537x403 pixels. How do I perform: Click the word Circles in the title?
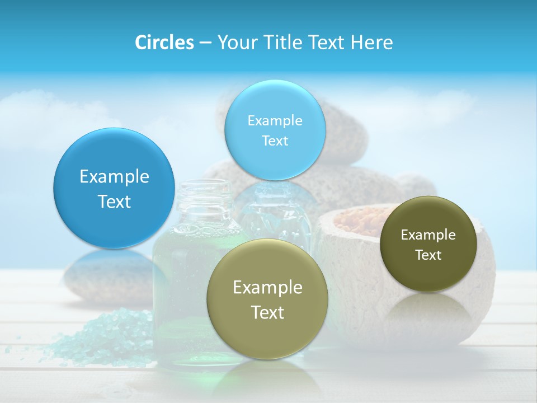pyautogui.click(x=164, y=43)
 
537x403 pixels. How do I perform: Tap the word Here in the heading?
pyautogui.click(x=371, y=43)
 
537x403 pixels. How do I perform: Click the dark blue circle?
pyautogui.click(x=114, y=188)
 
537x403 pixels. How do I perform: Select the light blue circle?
pyautogui.click(x=275, y=130)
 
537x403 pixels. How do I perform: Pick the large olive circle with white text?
pyautogui.click(x=267, y=299)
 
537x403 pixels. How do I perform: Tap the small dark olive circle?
pyautogui.click(x=428, y=244)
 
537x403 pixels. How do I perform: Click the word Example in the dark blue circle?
pyautogui.click(x=114, y=177)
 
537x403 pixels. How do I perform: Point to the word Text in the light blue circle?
pyautogui.click(x=275, y=141)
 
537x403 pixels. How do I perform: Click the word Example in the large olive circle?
pyautogui.click(x=267, y=288)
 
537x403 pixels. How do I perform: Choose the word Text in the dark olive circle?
pyautogui.click(x=428, y=255)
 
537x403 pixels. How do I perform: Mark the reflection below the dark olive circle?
pyautogui.click(x=428, y=311)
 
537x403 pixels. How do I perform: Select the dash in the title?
pyautogui.click(x=205, y=43)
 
